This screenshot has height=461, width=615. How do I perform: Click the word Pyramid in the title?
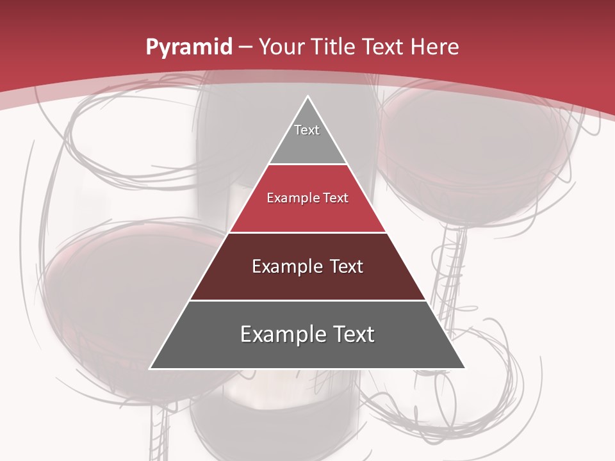click(188, 47)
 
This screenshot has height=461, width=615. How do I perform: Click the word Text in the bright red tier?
click(336, 198)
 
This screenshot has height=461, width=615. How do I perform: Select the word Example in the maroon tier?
click(286, 266)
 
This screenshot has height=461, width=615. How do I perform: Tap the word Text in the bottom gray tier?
click(353, 334)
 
